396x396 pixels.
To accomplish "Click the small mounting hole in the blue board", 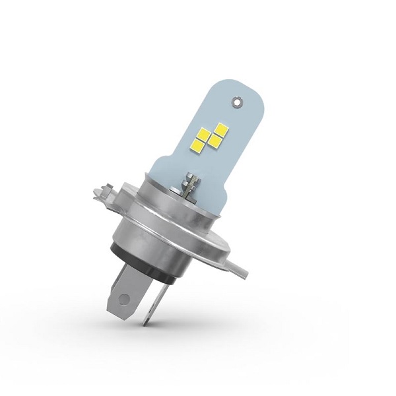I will tap(236, 102).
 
